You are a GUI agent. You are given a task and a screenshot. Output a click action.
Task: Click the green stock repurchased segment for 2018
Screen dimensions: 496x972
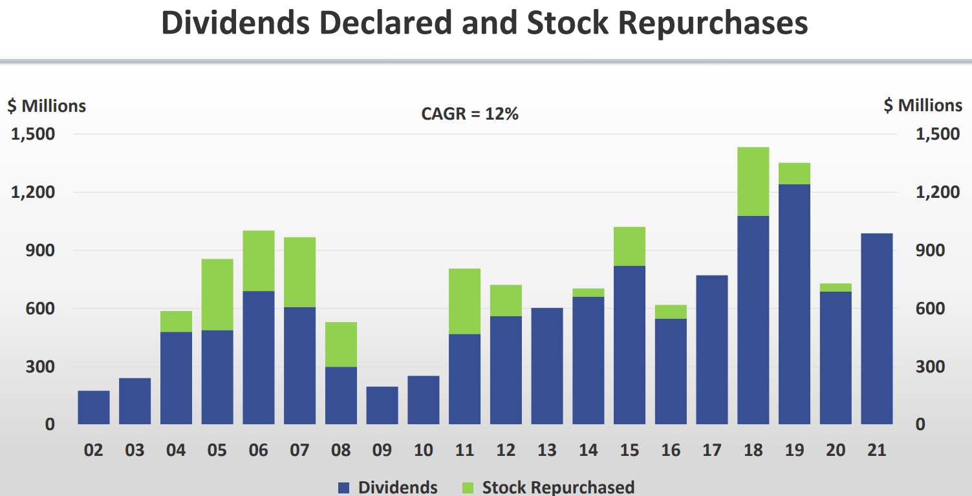tap(753, 182)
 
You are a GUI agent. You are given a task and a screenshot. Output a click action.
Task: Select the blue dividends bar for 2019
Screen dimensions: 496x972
tap(794, 304)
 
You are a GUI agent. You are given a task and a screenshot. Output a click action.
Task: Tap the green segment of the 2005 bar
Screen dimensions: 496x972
tap(217, 295)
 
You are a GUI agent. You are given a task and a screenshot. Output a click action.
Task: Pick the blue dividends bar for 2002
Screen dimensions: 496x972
tap(94, 407)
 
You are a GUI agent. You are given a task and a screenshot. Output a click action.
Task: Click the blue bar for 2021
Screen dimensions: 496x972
tap(876, 329)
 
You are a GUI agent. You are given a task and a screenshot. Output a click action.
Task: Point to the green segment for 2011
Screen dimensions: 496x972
tap(464, 301)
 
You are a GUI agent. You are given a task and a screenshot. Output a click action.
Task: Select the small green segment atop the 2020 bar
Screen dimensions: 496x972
tap(836, 288)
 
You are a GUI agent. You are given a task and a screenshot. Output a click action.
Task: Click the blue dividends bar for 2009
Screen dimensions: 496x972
tap(382, 405)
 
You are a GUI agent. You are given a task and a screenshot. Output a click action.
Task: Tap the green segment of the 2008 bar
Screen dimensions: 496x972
tap(341, 345)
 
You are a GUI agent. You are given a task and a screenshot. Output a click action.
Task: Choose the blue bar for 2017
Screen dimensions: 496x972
tap(711, 350)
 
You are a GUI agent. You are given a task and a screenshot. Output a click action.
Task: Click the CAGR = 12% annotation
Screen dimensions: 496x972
tap(470, 114)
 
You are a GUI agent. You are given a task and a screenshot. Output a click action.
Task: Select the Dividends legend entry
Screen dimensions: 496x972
tap(388, 487)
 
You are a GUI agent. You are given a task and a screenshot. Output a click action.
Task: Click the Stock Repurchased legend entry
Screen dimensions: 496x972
tap(548, 487)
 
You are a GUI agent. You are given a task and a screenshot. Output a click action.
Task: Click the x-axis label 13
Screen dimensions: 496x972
tap(547, 449)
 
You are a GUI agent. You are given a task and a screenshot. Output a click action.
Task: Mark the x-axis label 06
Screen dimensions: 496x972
tap(258, 449)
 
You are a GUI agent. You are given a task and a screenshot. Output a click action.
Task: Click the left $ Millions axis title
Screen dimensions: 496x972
tap(47, 105)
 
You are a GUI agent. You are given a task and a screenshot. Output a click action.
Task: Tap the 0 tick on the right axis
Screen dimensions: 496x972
tap(919, 424)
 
